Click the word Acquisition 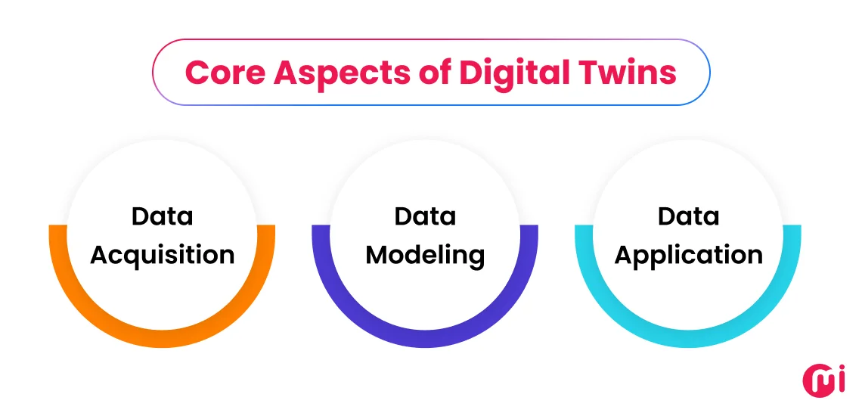coord(162,256)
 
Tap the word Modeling coord(425,256)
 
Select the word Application coord(688,256)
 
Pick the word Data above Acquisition coord(162,217)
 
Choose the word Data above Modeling coord(425,217)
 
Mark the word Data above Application coord(688,217)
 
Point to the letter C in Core coord(197,73)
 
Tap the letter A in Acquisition coord(100,254)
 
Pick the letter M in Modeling coord(377,254)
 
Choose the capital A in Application coord(625,254)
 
